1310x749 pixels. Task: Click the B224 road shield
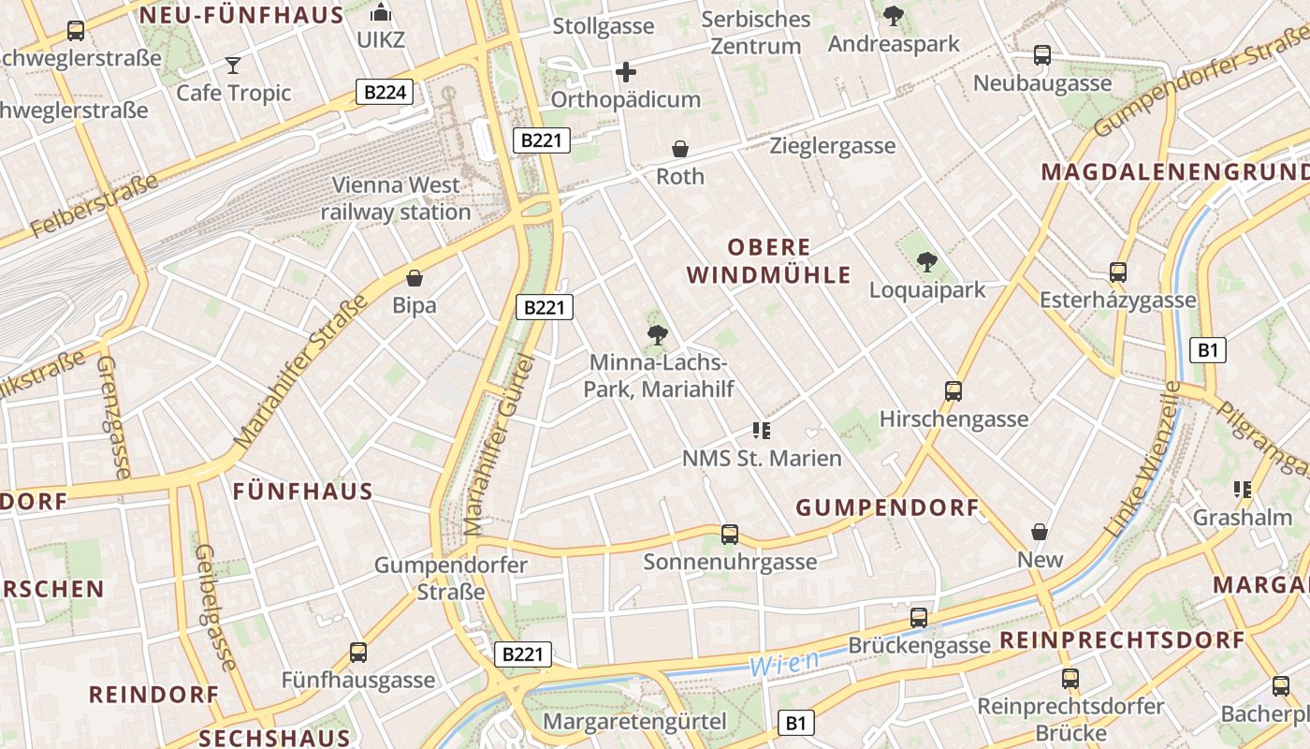click(x=385, y=92)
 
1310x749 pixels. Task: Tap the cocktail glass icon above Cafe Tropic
click(x=233, y=66)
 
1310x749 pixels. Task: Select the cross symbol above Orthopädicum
click(x=626, y=72)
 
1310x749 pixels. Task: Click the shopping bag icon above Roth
click(x=680, y=149)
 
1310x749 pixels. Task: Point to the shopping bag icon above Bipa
click(x=415, y=278)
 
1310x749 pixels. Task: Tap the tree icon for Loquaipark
click(x=927, y=262)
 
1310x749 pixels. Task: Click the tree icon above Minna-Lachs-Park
click(x=658, y=334)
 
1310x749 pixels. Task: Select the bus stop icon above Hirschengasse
click(x=953, y=391)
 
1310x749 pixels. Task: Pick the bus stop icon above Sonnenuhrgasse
click(x=730, y=535)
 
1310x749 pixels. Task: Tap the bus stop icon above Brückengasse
click(x=919, y=618)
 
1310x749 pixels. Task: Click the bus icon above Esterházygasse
click(x=1118, y=272)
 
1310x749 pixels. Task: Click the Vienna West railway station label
click(x=396, y=198)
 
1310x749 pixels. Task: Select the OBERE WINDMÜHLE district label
click(x=769, y=261)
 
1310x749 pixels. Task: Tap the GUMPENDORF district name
click(x=887, y=508)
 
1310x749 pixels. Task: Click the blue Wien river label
click(x=784, y=664)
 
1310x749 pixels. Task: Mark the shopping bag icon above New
click(x=1040, y=533)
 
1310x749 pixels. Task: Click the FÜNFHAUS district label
click(x=302, y=492)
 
